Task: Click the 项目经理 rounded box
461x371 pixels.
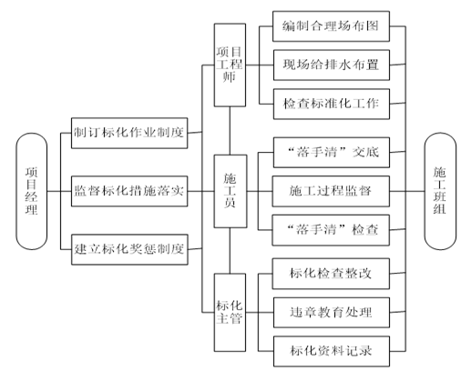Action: click(32, 191)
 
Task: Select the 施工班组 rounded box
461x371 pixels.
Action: click(440, 191)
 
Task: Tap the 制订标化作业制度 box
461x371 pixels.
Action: click(129, 133)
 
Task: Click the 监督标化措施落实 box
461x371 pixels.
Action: click(129, 191)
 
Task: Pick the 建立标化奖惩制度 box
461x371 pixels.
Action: click(129, 249)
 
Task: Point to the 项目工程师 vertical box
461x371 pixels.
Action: click(230, 65)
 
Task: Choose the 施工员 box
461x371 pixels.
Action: click(230, 191)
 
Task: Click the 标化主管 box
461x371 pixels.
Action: click(230, 313)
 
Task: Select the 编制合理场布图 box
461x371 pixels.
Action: click(331, 26)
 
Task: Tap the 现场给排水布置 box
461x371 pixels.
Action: click(332, 65)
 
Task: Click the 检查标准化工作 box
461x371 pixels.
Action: click(332, 104)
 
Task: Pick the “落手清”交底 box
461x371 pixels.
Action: click(332, 153)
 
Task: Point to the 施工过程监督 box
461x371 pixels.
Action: click(331, 191)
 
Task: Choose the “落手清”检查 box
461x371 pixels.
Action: click(331, 230)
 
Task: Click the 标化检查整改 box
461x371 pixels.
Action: click(331, 274)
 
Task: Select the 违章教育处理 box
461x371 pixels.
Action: click(332, 313)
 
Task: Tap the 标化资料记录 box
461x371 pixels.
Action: click(332, 351)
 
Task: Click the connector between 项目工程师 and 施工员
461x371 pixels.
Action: click(230, 131)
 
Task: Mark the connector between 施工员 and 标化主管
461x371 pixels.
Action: click(230, 251)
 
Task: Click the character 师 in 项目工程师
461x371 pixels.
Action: click(230, 76)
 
